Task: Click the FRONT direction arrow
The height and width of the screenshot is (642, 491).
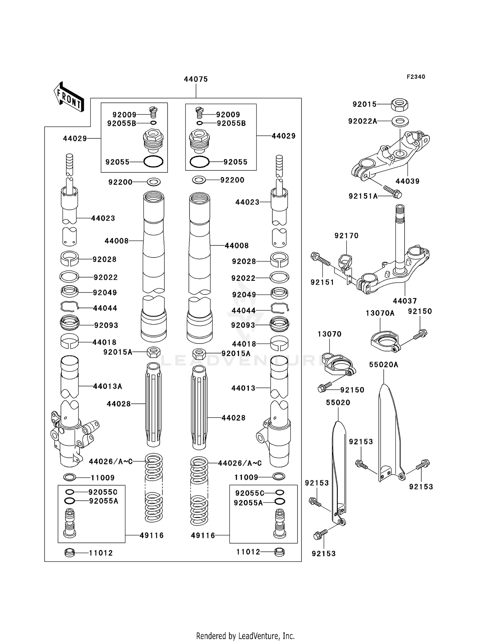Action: [69, 97]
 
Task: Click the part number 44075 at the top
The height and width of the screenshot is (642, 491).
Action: [196, 79]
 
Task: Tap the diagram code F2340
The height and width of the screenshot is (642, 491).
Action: [416, 77]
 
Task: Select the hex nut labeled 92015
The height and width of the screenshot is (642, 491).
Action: [400, 105]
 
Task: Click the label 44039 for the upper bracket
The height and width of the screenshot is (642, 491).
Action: [407, 181]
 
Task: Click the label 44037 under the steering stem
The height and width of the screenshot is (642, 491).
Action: [405, 301]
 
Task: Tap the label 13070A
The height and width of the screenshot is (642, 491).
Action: [380, 313]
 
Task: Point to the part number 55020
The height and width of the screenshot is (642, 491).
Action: [338, 402]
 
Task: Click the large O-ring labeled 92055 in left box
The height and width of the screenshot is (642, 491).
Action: [153, 162]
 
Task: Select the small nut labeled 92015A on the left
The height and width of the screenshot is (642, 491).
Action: [154, 352]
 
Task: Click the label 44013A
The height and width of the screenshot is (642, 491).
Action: [107, 386]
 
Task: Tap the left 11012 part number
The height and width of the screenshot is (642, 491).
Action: [101, 553]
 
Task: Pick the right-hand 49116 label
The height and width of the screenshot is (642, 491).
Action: [203, 536]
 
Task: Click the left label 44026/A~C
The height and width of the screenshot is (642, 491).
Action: [111, 462]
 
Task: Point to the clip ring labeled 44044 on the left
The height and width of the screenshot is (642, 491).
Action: [69, 307]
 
